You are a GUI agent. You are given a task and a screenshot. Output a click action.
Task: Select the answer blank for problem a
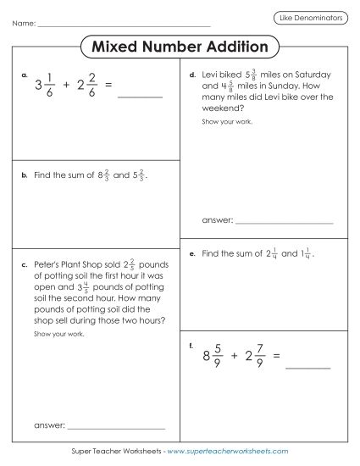click(x=139, y=97)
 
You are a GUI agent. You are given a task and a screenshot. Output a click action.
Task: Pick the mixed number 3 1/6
click(x=45, y=86)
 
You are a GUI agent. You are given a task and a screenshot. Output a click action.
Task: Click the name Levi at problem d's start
click(x=212, y=75)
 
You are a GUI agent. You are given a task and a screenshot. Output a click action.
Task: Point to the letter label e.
click(x=193, y=253)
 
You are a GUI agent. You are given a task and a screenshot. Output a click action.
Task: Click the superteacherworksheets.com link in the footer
click(x=222, y=452)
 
